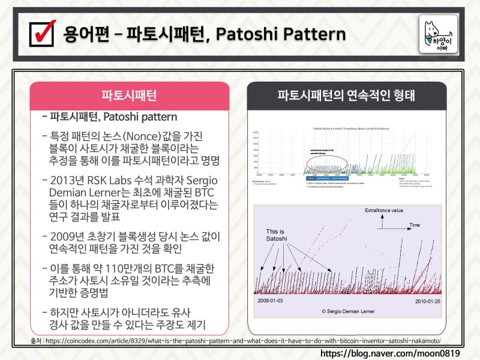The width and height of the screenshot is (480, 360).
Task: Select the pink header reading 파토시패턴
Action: tap(129, 96)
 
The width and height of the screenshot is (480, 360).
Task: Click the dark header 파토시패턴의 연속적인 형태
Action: tap(346, 96)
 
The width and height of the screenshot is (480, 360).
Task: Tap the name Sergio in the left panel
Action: tap(199, 181)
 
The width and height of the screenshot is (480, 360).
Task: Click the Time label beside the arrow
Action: tap(415, 225)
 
